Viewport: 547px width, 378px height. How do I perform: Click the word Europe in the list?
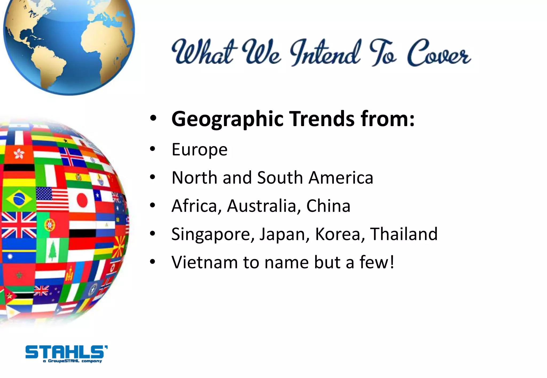[200, 150]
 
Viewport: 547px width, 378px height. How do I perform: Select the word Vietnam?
[204, 263]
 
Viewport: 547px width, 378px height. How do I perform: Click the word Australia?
[262, 206]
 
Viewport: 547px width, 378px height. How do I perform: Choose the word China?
[328, 206]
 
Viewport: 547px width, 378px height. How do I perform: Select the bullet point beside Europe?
[153, 149]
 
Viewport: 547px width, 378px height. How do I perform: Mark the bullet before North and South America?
[153, 178]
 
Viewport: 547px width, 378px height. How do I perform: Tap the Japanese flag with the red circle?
[82, 200]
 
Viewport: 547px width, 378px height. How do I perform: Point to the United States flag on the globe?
[52, 199]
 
